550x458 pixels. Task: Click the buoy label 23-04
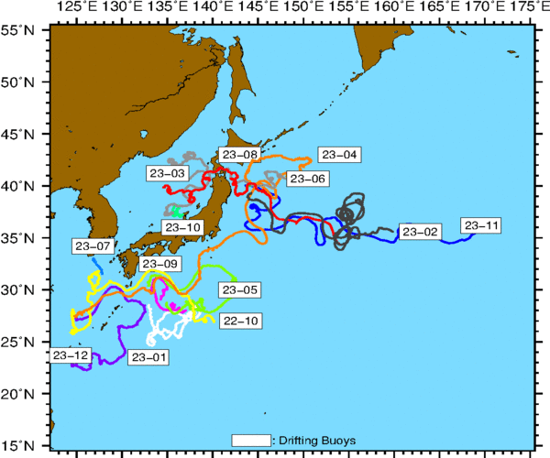point(340,155)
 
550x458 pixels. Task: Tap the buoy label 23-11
point(482,225)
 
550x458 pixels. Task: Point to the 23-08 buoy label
point(238,155)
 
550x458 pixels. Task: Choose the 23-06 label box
point(307,179)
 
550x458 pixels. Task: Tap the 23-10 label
point(181,226)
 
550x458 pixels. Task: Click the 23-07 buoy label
point(92,246)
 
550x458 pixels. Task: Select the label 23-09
point(159,264)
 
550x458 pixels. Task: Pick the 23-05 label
point(237,289)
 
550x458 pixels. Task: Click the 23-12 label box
point(71,354)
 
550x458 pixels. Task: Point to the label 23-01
point(149,356)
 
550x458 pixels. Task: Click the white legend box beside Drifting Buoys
point(252,440)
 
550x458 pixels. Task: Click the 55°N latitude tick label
point(17,30)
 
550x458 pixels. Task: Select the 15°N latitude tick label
point(17,446)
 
